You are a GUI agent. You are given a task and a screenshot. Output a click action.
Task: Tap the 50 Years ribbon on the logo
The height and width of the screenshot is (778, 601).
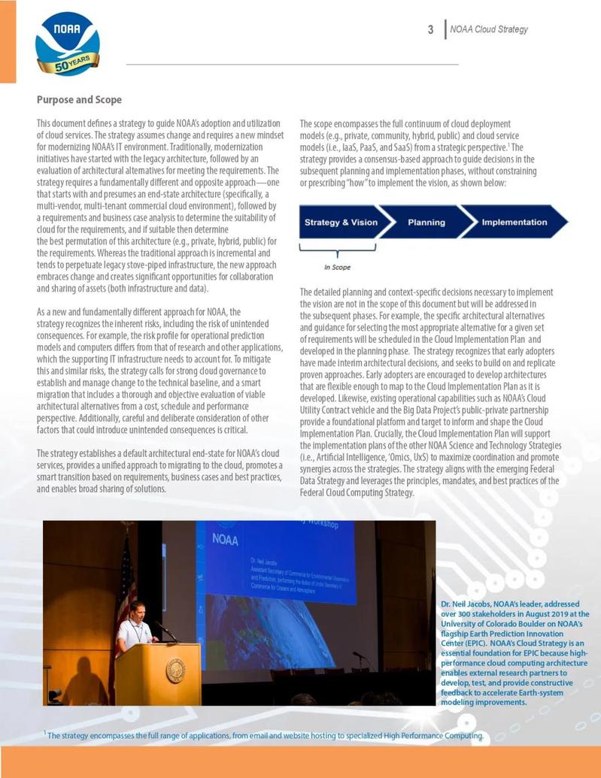(x=68, y=65)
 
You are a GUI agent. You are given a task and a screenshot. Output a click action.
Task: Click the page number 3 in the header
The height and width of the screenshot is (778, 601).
(x=431, y=29)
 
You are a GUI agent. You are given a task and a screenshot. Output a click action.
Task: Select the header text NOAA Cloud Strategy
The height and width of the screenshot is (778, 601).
(x=489, y=29)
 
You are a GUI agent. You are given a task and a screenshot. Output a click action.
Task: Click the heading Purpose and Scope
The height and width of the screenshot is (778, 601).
(x=79, y=99)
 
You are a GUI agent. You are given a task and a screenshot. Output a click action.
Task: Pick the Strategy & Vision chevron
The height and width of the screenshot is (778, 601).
(x=341, y=223)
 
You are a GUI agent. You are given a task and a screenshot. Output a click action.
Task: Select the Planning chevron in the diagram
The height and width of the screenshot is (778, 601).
(x=426, y=223)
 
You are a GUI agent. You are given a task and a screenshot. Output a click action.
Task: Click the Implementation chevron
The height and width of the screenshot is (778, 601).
(x=514, y=223)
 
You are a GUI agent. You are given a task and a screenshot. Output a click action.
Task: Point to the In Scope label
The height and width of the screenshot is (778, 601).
(x=337, y=267)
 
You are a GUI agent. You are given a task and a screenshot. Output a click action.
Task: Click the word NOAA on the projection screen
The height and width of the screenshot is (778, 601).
(x=226, y=539)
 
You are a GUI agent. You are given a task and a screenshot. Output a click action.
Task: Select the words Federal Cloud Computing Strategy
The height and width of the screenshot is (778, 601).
(x=357, y=492)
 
